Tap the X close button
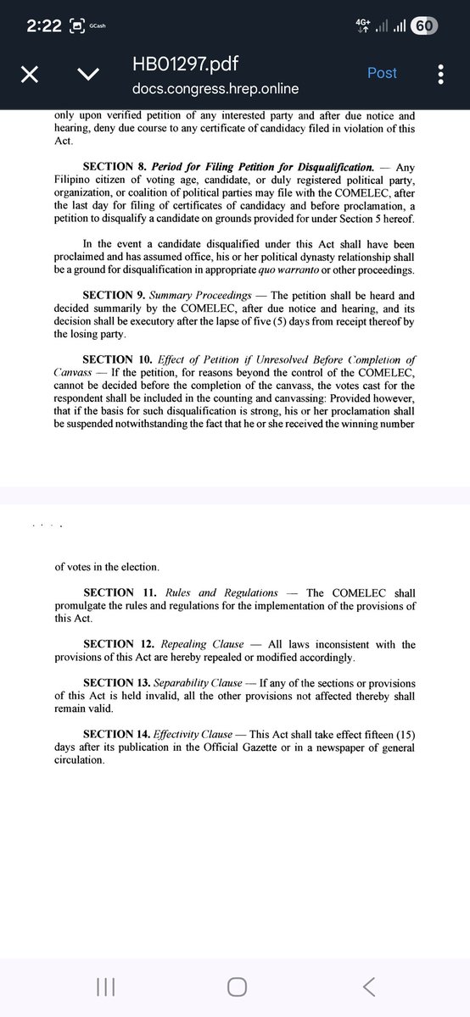[29, 75]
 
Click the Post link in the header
[382, 73]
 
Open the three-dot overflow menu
[440, 75]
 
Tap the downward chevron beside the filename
[87, 75]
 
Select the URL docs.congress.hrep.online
[215, 88]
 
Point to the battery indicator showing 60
[423, 26]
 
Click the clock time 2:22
[43, 26]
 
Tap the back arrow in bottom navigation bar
[367, 986]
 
